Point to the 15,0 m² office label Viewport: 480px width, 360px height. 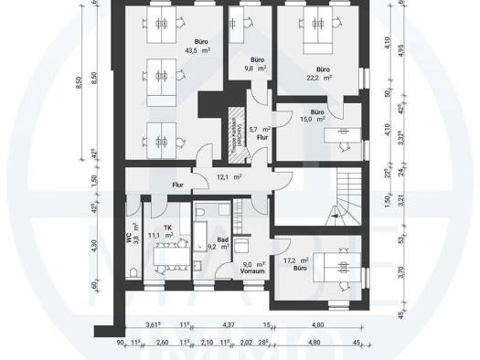tap(310, 118)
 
